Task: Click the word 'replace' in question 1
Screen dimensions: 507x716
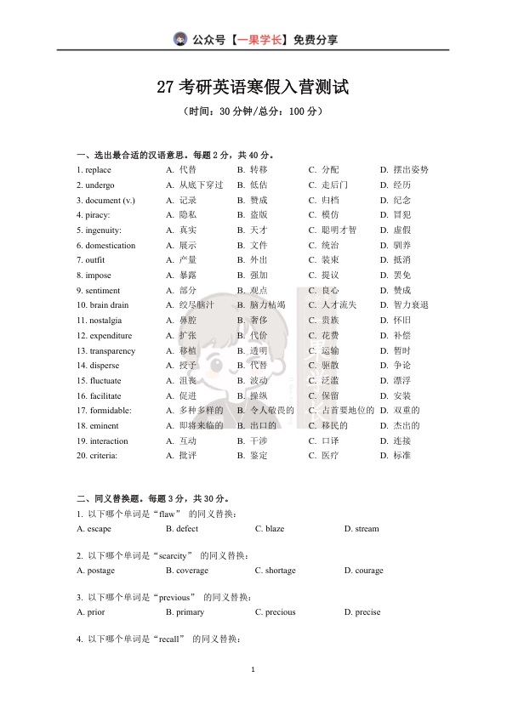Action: point(99,170)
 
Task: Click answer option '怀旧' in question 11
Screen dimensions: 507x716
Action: point(402,321)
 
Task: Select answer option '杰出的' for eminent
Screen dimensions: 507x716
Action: point(406,426)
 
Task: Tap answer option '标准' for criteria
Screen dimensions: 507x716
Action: point(402,456)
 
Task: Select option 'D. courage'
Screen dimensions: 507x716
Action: point(364,571)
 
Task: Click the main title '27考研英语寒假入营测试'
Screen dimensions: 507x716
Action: point(253,88)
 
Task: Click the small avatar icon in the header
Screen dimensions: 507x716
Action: point(180,39)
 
